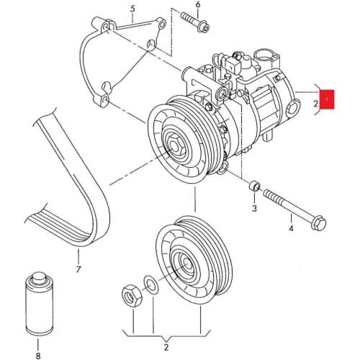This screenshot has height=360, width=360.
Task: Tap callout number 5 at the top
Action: tap(132, 9)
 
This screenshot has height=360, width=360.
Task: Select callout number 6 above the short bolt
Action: tap(198, 5)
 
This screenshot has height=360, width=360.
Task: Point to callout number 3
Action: tap(253, 209)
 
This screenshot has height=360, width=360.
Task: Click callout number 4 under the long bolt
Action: tap(291, 229)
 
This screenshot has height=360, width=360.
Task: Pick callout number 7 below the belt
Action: tap(77, 270)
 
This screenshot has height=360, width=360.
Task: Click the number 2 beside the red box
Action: tap(315, 104)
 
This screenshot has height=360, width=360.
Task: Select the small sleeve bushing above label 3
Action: tap(253, 189)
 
